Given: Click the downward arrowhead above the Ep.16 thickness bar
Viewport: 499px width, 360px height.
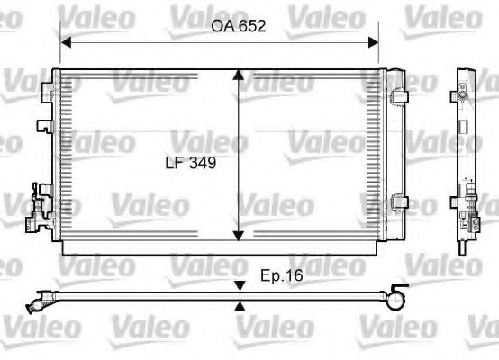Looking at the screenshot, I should tap(240, 286).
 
